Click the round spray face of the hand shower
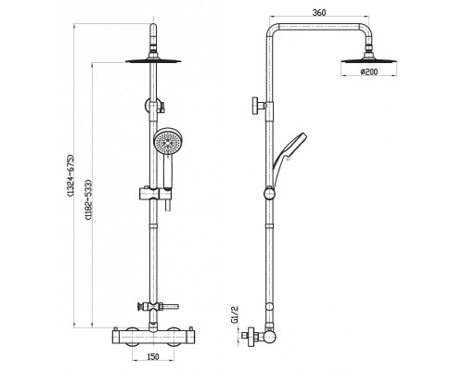point(166,143)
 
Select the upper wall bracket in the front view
point(152,105)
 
